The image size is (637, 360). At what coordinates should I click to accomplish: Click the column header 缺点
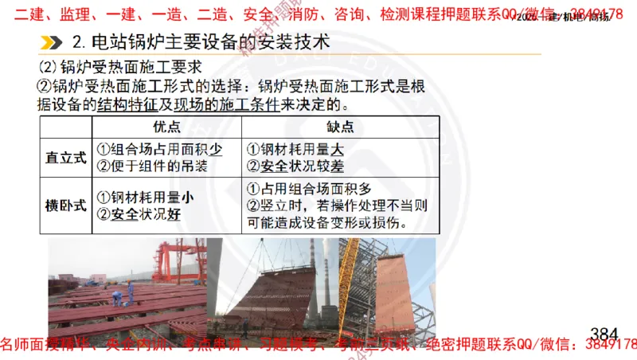[340, 127]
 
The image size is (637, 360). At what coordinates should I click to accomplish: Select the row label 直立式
[65, 158]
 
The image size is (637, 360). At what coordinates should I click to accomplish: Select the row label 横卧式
[65, 205]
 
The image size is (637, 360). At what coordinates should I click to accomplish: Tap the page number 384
[604, 332]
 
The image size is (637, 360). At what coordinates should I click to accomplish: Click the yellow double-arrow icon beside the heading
[53, 42]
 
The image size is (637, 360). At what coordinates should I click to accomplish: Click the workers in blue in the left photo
[118, 298]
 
